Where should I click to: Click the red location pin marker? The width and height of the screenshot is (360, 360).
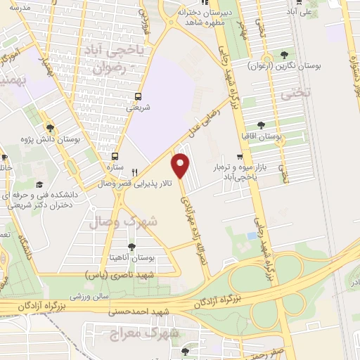[x=181, y=165]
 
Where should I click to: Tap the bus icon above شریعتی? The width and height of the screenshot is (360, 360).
[x=138, y=97]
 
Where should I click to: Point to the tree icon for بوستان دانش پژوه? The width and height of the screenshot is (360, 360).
[x=50, y=127]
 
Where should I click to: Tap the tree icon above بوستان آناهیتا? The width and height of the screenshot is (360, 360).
[x=131, y=245]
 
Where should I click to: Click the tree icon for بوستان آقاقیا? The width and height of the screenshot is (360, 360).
[x=261, y=125]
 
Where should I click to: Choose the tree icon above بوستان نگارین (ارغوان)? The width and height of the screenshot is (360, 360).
[x=284, y=55]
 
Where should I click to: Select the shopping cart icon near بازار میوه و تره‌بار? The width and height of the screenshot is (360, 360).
[x=240, y=157]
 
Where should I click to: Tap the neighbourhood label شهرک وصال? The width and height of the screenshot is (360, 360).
[x=124, y=221]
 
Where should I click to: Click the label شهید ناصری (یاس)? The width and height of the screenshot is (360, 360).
[x=120, y=271]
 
